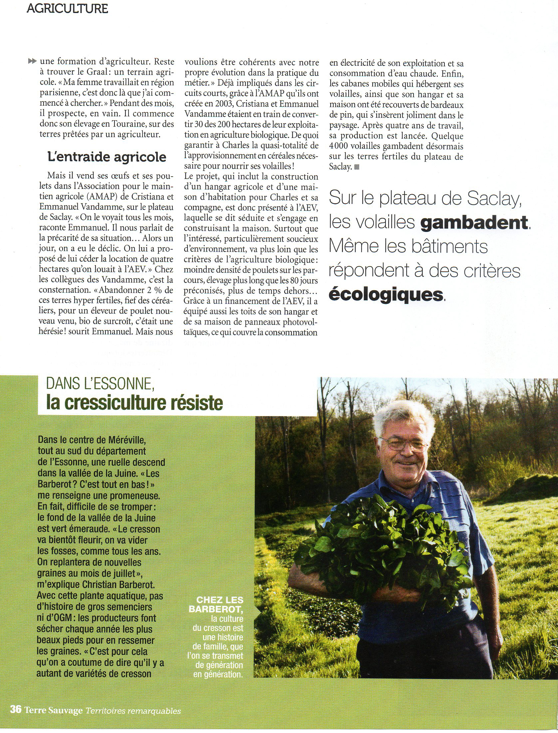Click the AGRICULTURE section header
67,9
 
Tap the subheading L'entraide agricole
107,157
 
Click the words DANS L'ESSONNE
100,384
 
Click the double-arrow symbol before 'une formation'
32,61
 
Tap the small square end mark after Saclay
357,167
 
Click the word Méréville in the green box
127,440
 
